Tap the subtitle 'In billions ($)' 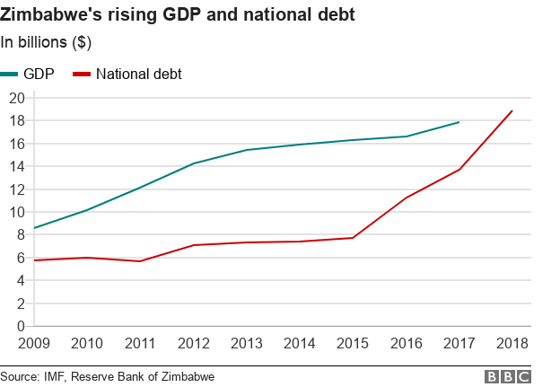point(46,42)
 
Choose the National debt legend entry point(127,74)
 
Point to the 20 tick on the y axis point(15,97)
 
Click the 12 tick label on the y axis point(15,189)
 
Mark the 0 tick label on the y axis point(19,326)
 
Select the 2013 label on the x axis point(246,343)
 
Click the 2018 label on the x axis point(512,343)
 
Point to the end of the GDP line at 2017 point(459,122)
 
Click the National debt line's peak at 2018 point(512,110)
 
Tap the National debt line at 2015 point(353,238)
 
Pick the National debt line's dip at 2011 point(139,261)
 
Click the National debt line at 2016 point(406,198)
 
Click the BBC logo point(508,376)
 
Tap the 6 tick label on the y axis point(19,258)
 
